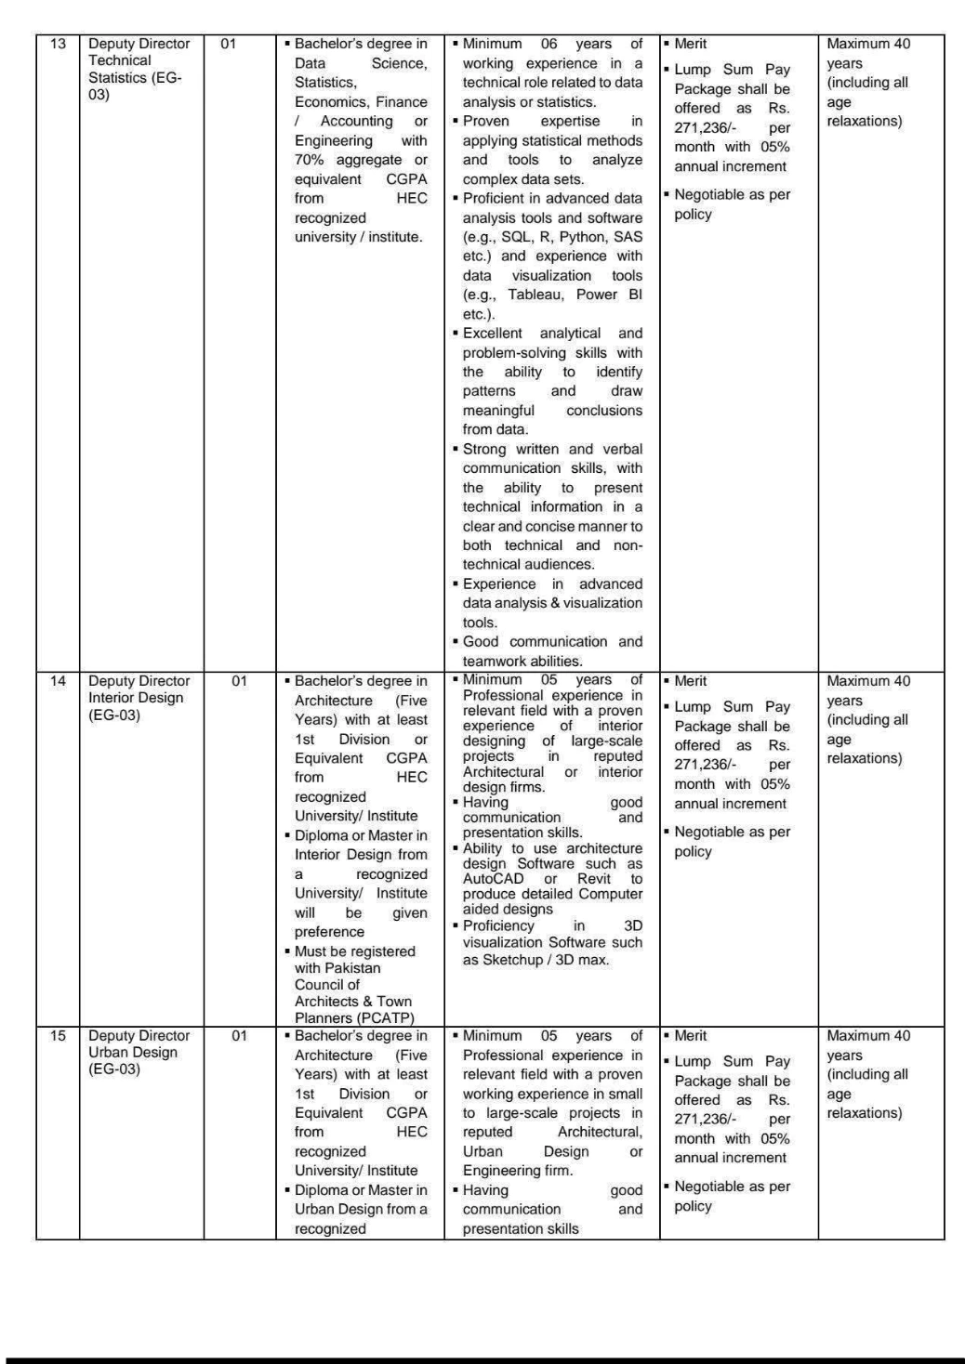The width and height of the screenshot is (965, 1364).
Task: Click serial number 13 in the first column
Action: pos(58,44)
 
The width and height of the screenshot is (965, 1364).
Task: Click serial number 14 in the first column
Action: pos(58,681)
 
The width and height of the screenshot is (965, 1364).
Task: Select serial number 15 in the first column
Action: pos(58,1036)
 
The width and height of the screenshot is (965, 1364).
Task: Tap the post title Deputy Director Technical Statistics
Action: pos(139,69)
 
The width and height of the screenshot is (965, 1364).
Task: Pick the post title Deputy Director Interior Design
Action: pos(139,698)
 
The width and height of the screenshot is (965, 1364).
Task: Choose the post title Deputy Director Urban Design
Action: pos(139,1052)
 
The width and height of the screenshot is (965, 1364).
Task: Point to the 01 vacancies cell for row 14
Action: pos(240,681)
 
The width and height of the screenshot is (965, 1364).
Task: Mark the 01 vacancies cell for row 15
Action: pos(240,1036)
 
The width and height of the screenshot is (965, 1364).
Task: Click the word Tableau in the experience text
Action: pos(536,295)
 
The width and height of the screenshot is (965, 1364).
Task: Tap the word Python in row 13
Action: pos(583,237)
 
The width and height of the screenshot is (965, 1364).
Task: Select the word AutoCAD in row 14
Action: pos(493,879)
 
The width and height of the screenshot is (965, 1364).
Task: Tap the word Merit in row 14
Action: pos(691,681)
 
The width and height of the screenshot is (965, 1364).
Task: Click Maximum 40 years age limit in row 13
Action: pos(868,53)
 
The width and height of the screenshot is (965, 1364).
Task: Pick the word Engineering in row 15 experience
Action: pos(517,1171)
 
